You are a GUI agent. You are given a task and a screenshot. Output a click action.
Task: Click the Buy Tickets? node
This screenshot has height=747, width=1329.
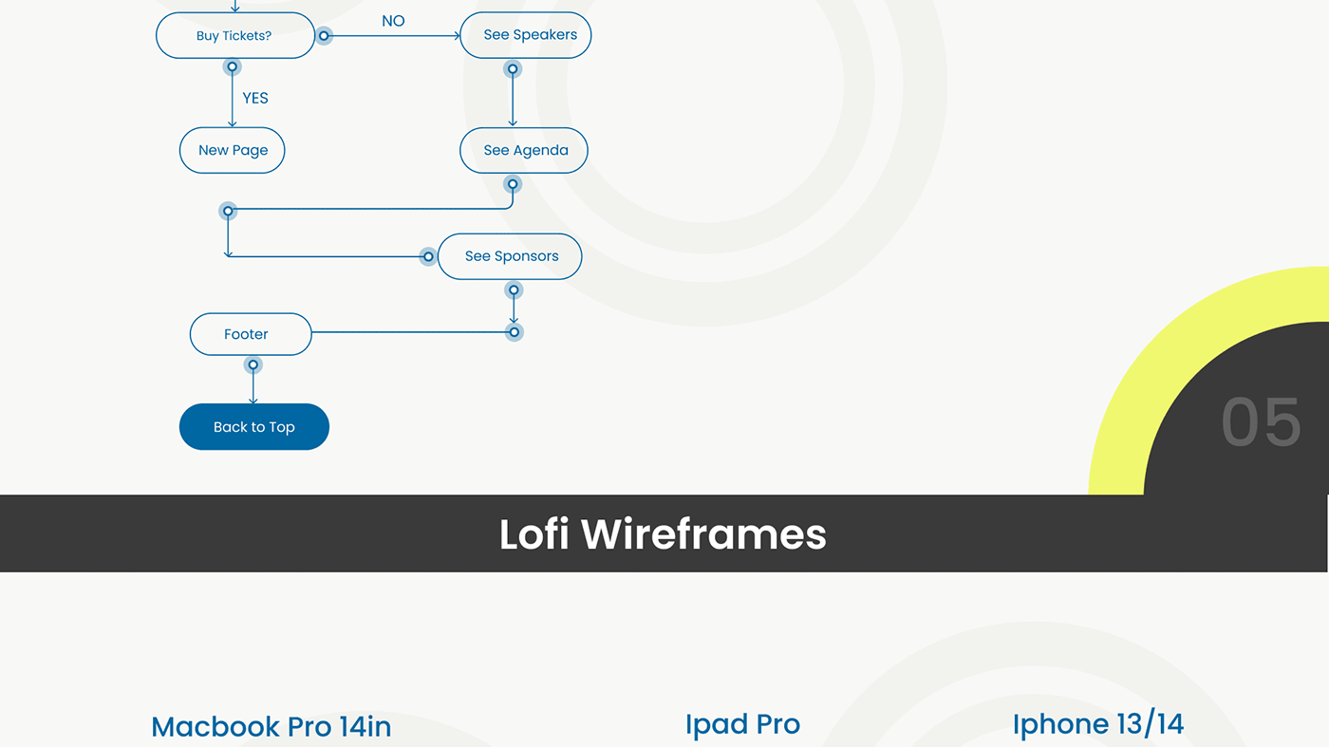[x=235, y=36]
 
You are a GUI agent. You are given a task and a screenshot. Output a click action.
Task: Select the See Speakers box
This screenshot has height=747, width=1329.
[x=525, y=35]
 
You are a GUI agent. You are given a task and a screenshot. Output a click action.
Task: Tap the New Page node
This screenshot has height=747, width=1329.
[x=232, y=150]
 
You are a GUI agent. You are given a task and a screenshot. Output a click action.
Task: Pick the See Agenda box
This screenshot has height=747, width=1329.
[x=524, y=150]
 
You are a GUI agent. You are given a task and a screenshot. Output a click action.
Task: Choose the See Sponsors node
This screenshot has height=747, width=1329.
[x=510, y=256]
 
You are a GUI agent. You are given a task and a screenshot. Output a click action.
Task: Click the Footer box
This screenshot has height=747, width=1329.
[x=251, y=334]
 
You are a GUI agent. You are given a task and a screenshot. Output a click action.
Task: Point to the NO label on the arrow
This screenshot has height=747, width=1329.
[x=393, y=22]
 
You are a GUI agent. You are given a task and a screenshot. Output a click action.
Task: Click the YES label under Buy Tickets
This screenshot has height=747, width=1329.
[x=255, y=98]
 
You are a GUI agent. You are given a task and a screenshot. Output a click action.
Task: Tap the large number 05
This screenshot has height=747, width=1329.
[x=1261, y=422]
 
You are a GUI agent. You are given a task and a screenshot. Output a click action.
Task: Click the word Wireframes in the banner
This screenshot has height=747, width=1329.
[x=703, y=534]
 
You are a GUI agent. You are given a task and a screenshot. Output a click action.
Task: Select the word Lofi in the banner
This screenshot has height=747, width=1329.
[x=533, y=534]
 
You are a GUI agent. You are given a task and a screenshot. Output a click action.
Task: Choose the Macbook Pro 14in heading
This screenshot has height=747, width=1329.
[x=271, y=726]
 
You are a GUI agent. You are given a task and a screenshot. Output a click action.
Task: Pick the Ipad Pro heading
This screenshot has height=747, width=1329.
[x=742, y=724]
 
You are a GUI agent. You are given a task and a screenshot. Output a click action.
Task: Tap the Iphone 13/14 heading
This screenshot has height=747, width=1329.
[x=1098, y=724]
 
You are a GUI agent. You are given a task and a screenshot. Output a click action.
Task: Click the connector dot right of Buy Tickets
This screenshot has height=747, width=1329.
[x=324, y=36]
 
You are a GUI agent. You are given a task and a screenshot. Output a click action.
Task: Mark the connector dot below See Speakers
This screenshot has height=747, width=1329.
[x=513, y=69]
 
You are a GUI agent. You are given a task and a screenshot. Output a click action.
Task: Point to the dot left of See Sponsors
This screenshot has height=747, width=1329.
[x=428, y=257]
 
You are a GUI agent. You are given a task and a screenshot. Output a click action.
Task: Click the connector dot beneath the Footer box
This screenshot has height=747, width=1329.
[x=253, y=364]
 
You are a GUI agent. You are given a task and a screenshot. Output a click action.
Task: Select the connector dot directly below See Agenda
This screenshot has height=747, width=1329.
[x=513, y=184]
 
